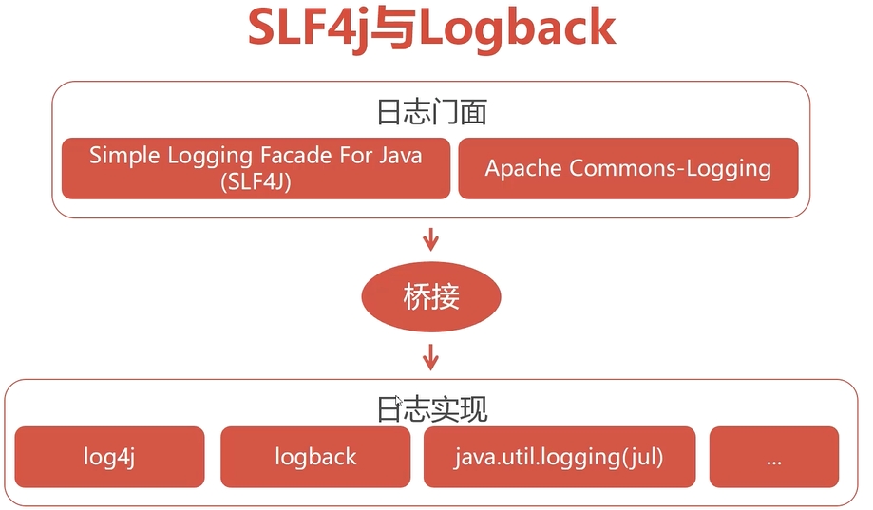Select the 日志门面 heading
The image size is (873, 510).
pyautogui.click(x=431, y=113)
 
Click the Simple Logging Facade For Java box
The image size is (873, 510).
pyautogui.click(x=256, y=169)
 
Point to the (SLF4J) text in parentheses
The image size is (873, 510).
pyautogui.click(x=255, y=182)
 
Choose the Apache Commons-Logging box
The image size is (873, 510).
pyautogui.click(x=628, y=169)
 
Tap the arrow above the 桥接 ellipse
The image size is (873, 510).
pyautogui.click(x=431, y=237)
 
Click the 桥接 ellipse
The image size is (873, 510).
pyautogui.click(x=431, y=297)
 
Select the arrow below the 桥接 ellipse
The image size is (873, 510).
pyautogui.click(x=431, y=356)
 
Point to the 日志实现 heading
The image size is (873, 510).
pyautogui.click(x=431, y=409)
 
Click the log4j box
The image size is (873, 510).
pyautogui.click(x=110, y=457)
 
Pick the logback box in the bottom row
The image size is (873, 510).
pyautogui.click(x=315, y=457)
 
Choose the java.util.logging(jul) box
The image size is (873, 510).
pyautogui.click(x=560, y=457)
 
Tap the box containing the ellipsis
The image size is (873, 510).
pyautogui.click(x=773, y=457)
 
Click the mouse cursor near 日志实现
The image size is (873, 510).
pyautogui.click(x=398, y=402)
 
